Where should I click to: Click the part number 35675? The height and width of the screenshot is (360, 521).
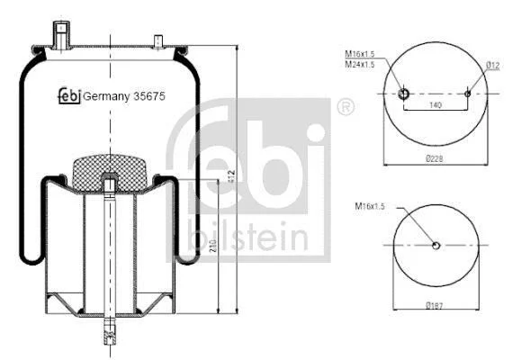point(149,96)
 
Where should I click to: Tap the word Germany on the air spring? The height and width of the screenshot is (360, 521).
point(106,96)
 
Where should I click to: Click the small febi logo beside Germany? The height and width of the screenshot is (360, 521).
point(69,95)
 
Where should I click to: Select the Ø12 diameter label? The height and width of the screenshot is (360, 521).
point(493,66)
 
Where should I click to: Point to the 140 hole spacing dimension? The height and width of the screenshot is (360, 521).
point(436,105)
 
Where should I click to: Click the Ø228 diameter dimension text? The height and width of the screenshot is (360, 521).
point(435,158)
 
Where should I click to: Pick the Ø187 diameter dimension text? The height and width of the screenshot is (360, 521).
point(435,305)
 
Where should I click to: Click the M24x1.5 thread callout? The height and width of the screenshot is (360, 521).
point(360,64)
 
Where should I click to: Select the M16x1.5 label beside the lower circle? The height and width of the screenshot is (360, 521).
point(370,206)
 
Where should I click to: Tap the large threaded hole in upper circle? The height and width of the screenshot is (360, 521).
point(403,94)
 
